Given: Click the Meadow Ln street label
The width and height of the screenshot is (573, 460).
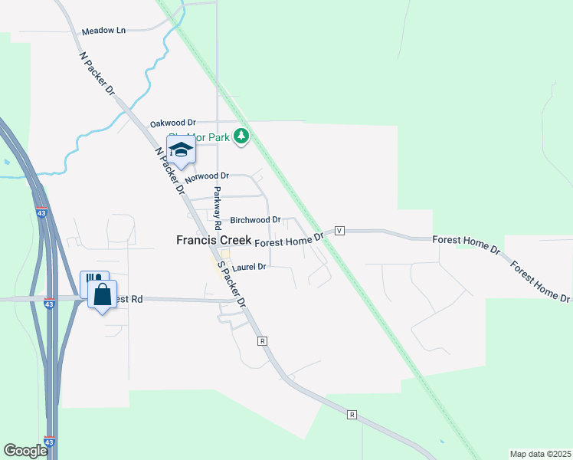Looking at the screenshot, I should point(103,31).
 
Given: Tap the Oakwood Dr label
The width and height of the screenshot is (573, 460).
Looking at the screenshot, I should point(173,123).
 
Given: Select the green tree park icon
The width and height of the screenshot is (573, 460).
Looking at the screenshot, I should point(242,136).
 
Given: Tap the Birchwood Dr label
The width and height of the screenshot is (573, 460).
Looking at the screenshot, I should point(256,219).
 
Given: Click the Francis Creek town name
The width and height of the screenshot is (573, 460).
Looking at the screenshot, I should point(214,240).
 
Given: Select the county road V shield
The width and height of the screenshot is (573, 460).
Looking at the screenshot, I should point(339,230).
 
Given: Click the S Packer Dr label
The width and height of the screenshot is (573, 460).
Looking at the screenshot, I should point(231,284).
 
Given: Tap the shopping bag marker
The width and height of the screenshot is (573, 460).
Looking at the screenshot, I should point(102,295).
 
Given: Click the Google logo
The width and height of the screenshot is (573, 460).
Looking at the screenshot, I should point(25,451).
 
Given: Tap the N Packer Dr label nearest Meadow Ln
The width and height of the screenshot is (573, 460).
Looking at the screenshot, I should point(97,74).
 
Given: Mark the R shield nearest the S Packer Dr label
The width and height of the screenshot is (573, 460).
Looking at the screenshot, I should point(262,340).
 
